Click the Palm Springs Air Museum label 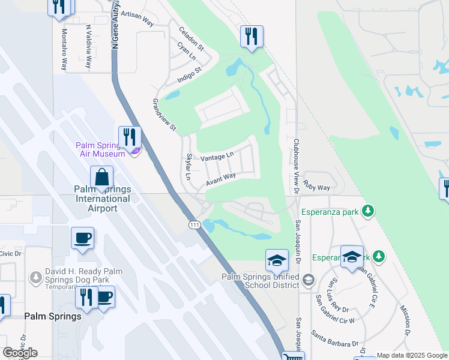(x=100, y=149)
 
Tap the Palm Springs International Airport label (x=101, y=199)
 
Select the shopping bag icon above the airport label (x=101, y=177)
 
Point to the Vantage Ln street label (x=217, y=157)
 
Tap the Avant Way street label (x=221, y=179)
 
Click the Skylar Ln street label (x=188, y=167)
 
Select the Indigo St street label (x=189, y=74)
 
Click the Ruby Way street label (x=316, y=187)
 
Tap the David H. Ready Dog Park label (x=83, y=276)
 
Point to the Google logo (x=20, y=353)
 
